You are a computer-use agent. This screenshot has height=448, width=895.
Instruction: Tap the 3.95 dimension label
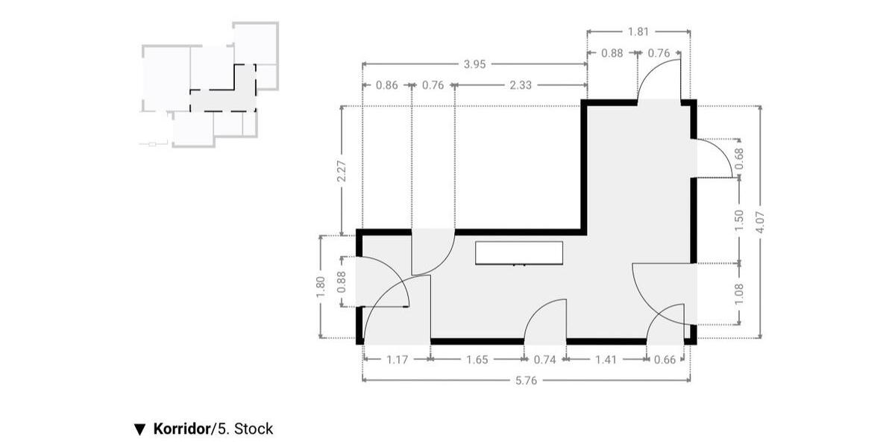click(474, 64)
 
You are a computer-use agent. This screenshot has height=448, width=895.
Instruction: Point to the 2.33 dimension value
click(521, 85)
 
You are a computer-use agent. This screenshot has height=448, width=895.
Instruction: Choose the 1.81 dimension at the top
click(638, 31)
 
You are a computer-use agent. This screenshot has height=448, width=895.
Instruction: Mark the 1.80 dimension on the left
click(321, 287)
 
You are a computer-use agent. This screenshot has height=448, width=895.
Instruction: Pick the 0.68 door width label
click(740, 158)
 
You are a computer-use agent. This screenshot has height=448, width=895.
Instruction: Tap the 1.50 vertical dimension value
click(740, 220)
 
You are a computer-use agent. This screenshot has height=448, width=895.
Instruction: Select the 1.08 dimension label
click(740, 293)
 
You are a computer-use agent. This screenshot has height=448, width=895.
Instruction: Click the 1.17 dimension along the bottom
click(398, 360)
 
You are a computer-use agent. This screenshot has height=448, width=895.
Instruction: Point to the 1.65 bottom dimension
click(477, 360)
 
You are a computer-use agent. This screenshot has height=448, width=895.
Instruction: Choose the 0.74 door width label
click(545, 360)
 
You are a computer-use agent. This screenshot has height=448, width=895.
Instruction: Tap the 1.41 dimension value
click(606, 360)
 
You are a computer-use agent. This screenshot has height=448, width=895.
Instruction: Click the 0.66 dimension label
click(665, 360)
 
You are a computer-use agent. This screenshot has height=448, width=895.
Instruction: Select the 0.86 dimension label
click(386, 85)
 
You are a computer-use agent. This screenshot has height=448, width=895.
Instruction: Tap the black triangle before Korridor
click(139, 429)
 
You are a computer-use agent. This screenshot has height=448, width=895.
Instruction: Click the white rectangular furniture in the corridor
click(519, 252)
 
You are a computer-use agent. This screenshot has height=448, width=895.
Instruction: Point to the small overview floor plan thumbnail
click(210, 85)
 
